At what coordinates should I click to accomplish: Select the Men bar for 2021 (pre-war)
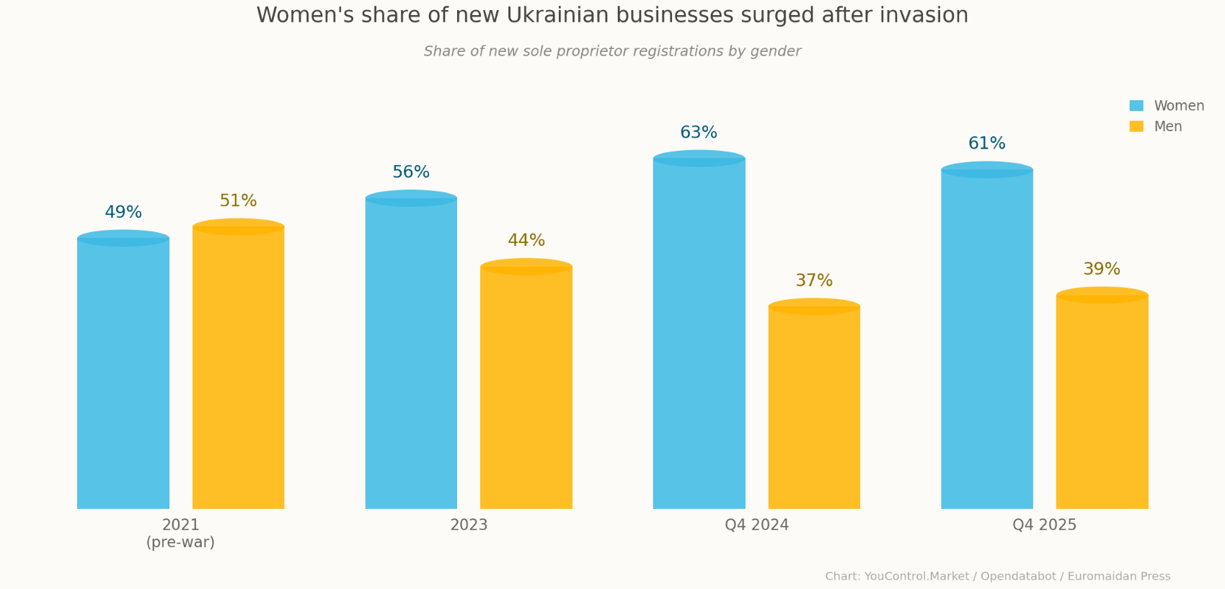238,368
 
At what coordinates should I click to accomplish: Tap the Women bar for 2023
411,353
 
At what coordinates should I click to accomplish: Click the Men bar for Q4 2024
814,407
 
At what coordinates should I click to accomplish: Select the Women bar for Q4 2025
986,339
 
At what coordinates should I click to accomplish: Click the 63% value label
699,133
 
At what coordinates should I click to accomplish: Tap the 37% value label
814,281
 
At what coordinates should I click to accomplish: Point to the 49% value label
123,213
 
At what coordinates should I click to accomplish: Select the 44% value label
526,241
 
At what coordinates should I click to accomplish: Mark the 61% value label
986,143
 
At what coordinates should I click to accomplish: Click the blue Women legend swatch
1136,106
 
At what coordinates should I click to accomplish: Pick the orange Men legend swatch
1136,127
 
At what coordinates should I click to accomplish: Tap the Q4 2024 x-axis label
756,526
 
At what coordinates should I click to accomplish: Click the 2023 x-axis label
469,526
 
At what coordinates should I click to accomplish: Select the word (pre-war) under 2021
180,543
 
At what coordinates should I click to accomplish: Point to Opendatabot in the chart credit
1018,577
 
